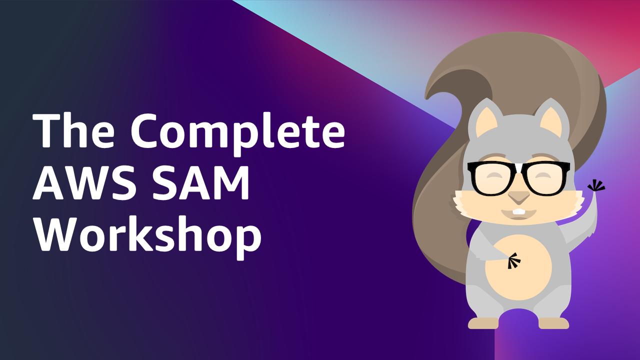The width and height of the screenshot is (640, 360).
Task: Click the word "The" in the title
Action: click(x=73, y=130)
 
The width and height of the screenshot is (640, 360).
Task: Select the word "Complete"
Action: click(x=238, y=135)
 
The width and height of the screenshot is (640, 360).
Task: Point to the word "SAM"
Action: click(x=200, y=182)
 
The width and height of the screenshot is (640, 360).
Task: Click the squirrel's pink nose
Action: click(x=518, y=197)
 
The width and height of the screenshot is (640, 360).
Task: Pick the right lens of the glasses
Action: click(x=545, y=179)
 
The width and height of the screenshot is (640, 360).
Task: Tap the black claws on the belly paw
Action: click(x=513, y=260)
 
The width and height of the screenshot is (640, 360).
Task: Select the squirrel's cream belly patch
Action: click(x=518, y=267)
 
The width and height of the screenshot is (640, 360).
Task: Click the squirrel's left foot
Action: click(x=483, y=323)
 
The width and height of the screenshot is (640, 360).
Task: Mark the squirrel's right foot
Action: click(x=553, y=323)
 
